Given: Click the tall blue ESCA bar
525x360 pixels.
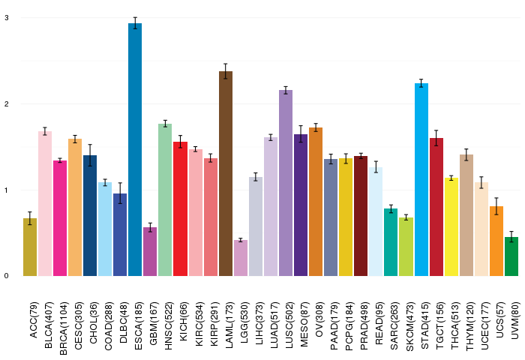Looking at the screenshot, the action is point(135,150).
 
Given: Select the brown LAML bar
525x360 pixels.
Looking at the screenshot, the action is point(226,173).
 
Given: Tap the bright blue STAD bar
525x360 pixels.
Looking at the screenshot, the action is point(421,179).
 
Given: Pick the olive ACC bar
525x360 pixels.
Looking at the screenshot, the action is point(30,247).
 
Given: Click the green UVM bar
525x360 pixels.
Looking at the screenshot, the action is point(511,256).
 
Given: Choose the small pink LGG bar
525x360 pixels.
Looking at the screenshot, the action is point(241,258).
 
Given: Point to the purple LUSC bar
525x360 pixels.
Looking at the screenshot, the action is point(286,183).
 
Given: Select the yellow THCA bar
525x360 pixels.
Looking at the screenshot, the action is point(451,226).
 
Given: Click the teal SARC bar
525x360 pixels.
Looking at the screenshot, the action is point(391,242).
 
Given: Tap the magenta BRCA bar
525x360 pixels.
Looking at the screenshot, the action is point(60,218).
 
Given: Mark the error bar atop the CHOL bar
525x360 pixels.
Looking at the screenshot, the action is point(90,155).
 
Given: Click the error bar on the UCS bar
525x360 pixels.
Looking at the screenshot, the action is point(496,206).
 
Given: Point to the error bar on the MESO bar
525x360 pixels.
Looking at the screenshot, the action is point(301,134).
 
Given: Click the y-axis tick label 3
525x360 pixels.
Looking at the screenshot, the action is point(7,18).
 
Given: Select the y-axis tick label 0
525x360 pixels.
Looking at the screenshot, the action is point(7,276).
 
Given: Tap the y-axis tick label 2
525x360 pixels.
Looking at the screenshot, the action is point(7,103).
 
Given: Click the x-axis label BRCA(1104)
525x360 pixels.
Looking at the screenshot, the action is point(63,328).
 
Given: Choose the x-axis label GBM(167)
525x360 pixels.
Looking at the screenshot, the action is point(153,323).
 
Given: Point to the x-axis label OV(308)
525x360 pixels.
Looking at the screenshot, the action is point(319,319).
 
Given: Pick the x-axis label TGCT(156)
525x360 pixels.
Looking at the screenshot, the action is point(440,325).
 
